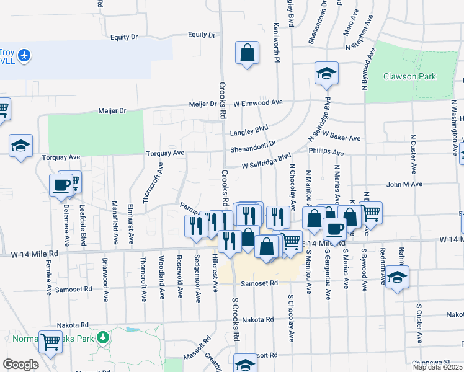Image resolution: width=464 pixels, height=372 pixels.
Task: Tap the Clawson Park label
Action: point(409,77)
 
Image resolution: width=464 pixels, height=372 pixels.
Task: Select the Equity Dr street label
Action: point(123,37)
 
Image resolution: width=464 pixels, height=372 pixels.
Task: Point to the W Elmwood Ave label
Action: point(258,102)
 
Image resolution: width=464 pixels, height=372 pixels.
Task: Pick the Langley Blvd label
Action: point(249,131)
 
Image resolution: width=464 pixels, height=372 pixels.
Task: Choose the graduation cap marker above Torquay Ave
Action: point(20,146)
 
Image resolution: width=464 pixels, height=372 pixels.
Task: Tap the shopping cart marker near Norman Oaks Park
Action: point(50,340)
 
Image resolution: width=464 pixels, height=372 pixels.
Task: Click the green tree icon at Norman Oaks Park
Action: point(103,339)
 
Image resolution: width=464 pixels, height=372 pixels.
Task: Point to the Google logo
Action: point(20,365)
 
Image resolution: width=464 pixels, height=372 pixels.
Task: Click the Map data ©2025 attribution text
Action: point(437,367)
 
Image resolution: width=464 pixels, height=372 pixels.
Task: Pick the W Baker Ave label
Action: point(341,138)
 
